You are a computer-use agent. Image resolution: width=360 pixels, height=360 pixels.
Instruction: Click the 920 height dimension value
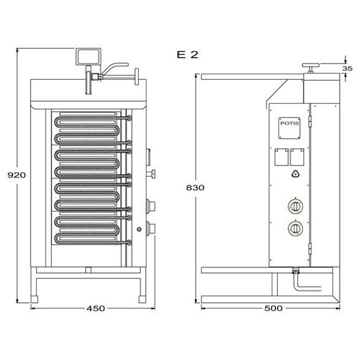(17, 175)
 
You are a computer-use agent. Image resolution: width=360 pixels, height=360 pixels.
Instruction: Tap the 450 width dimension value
(95, 308)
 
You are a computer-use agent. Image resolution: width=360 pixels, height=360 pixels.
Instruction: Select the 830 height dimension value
(195, 188)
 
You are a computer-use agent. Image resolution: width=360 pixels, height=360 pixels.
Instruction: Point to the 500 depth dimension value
(273, 308)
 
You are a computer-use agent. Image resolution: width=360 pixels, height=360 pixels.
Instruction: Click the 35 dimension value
(347, 68)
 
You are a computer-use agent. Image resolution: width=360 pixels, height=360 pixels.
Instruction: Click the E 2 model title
(187, 55)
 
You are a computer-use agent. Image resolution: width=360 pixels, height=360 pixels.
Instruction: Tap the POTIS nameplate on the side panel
(290, 128)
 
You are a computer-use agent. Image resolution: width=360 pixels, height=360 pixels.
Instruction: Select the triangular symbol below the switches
(295, 175)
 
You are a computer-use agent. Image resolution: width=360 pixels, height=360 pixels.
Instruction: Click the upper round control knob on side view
(295, 206)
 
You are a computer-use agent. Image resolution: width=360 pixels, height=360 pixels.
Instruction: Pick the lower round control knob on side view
(295, 228)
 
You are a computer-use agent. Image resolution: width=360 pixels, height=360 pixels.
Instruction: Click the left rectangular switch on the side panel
(282, 157)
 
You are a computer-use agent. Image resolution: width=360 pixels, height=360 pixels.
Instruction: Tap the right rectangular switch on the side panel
(297, 157)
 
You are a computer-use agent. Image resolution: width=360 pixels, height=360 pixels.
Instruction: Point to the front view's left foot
(34, 299)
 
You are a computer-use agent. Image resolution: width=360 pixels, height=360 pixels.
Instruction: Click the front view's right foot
(142, 299)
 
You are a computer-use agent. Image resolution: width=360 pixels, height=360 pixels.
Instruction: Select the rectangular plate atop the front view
(88, 57)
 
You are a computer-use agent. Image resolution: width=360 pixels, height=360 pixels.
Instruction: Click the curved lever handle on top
(114, 68)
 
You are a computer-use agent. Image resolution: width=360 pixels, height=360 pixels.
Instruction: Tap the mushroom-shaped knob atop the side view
(311, 68)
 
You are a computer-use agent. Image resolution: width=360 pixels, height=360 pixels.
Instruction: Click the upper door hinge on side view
(311, 122)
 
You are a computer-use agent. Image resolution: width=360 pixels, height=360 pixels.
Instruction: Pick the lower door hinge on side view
(311, 248)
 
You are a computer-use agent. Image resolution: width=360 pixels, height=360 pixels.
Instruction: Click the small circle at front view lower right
(139, 229)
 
